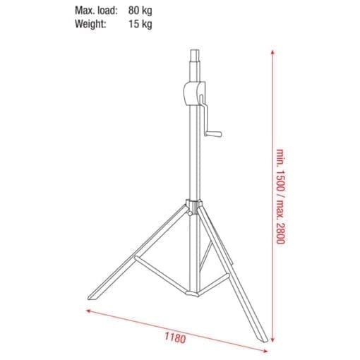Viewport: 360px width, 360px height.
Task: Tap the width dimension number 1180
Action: pyautogui.click(x=174, y=317)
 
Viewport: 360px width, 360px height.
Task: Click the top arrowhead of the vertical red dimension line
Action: pyautogui.click(x=272, y=52)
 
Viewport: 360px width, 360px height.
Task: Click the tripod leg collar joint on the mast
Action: pyautogui.click(x=192, y=205)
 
